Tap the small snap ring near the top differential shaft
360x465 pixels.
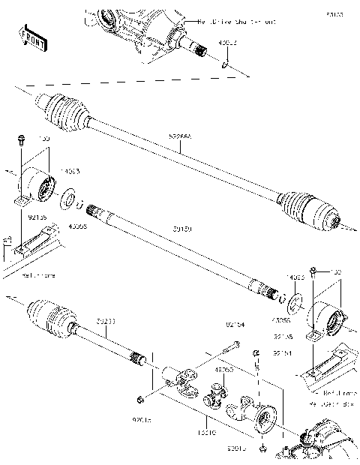coord(224,65)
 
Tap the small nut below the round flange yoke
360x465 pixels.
coord(264,448)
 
